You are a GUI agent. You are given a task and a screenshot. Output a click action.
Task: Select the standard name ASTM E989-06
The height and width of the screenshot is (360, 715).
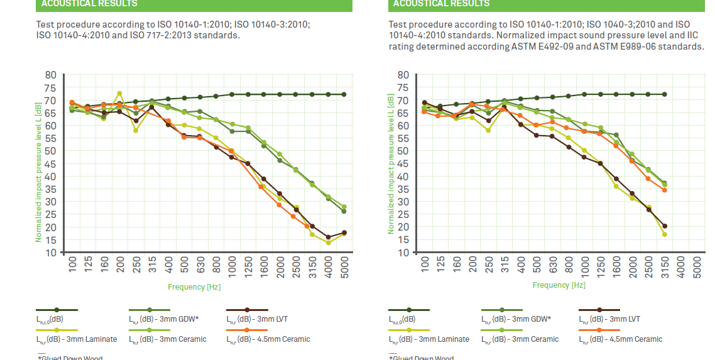tap(642, 46)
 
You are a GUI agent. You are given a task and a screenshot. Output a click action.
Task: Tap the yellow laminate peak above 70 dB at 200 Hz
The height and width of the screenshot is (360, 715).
tap(119, 94)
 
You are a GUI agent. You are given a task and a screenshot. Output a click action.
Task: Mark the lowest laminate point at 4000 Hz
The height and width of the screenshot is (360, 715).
tap(328, 243)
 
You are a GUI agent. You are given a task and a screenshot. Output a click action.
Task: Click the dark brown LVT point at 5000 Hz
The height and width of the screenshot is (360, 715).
tap(344, 232)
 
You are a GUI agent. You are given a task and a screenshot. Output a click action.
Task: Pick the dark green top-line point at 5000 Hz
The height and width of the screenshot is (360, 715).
tap(344, 94)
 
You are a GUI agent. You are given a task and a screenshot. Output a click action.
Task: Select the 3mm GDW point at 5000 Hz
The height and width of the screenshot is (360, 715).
tap(344, 211)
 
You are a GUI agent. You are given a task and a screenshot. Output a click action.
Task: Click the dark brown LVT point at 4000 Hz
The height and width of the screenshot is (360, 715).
tap(328, 237)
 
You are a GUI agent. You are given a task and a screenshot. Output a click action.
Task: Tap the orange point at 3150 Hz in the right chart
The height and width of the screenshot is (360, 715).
tap(664, 190)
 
